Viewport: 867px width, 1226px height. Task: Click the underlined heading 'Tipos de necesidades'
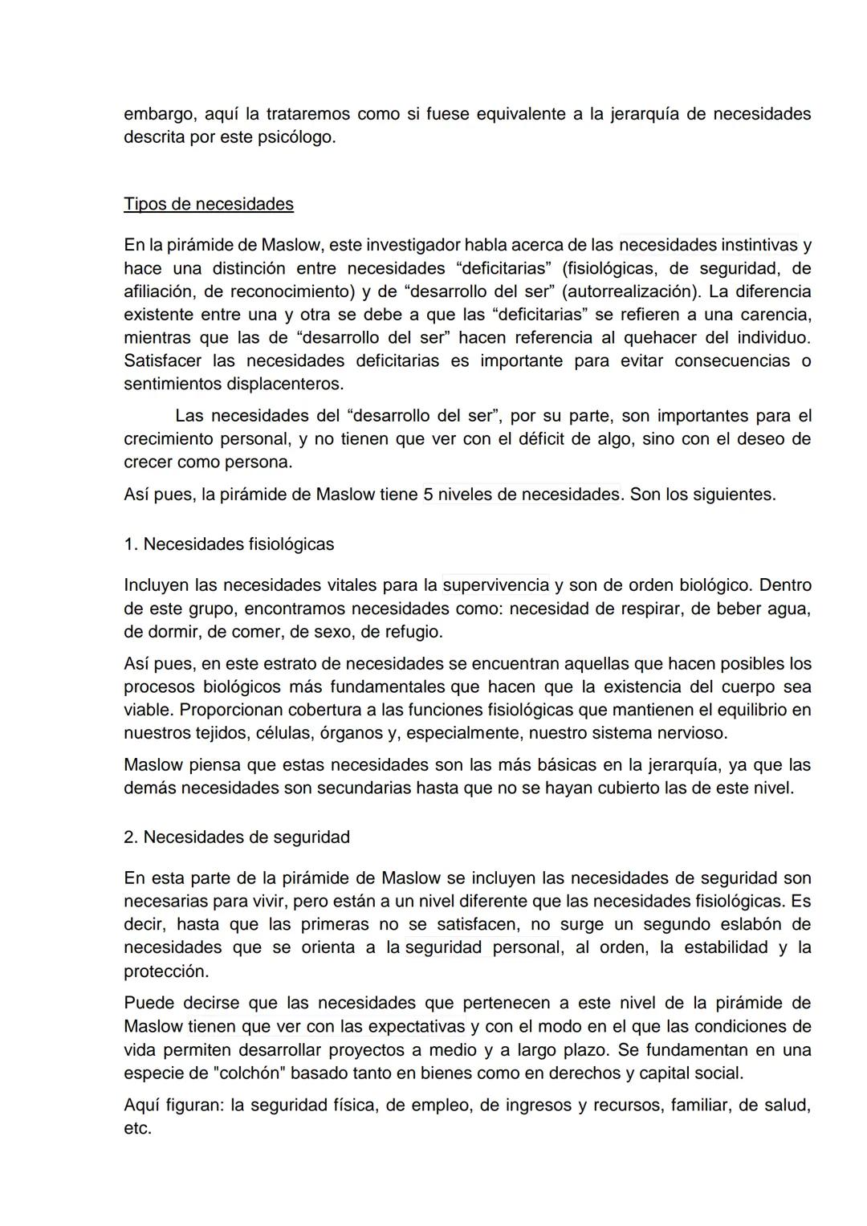(209, 204)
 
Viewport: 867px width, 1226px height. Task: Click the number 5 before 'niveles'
(429, 495)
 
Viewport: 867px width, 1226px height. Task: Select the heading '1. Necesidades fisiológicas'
(229, 544)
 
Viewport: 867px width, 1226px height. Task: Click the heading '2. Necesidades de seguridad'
(237, 837)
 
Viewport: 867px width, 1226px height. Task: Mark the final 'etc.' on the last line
(137, 1129)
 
